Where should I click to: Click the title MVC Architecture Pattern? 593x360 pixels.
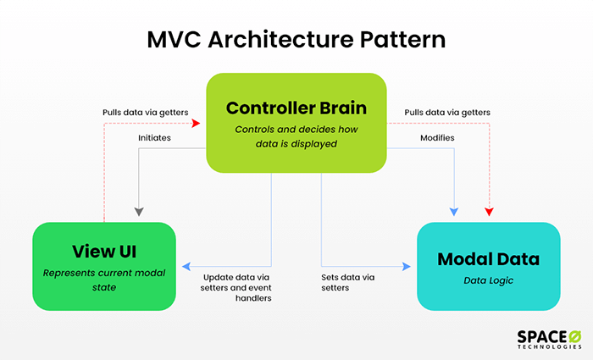tap(296, 39)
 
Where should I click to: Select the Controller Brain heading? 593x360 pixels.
tap(296, 108)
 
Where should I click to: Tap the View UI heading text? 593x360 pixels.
tap(104, 252)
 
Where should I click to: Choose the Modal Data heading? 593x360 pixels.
tap(488, 259)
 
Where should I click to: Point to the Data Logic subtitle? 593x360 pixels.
tap(488, 280)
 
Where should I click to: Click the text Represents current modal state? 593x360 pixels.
tap(104, 280)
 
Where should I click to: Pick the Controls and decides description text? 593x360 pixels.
tap(296, 136)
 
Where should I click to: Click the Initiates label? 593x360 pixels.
tap(154, 137)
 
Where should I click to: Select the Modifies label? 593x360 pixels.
tap(437, 137)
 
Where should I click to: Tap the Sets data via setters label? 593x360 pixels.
tap(348, 282)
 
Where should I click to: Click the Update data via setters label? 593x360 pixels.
tap(236, 288)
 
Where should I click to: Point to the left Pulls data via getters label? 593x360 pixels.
tap(145, 113)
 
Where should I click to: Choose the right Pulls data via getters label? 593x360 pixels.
tap(447, 113)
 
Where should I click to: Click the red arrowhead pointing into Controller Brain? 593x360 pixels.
tap(196, 123)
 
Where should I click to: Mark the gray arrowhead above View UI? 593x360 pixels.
tap(139, 212)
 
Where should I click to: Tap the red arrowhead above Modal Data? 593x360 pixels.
tap(489, 212)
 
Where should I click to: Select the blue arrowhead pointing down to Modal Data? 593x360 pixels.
tap(454, 212)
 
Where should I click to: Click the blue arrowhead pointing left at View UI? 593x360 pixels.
tap(186, 267)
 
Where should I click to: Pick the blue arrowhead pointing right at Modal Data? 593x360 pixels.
tap(407, 267)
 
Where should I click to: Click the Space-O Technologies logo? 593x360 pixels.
tap(549, 339)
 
